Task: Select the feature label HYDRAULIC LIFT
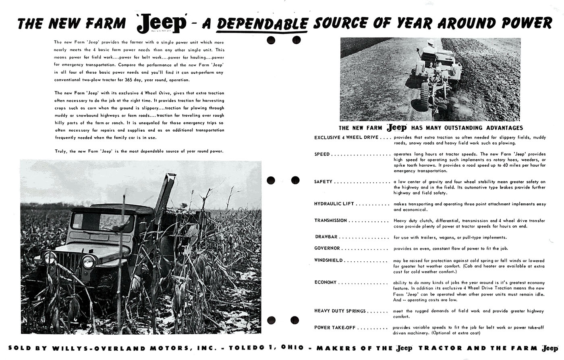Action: coord(334,204)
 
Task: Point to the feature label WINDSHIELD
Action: coord(328,260)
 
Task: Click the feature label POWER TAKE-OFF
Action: coord(335,327)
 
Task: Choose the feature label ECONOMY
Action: coord(326,282)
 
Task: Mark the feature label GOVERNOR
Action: coord(328,248)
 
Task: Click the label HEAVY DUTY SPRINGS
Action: coord(340,311)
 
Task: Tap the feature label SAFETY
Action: coord(323,182)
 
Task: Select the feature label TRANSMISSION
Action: coord(330,220)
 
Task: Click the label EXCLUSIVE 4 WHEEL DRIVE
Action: coord(346,137)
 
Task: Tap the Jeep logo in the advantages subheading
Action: coord(397,128)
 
